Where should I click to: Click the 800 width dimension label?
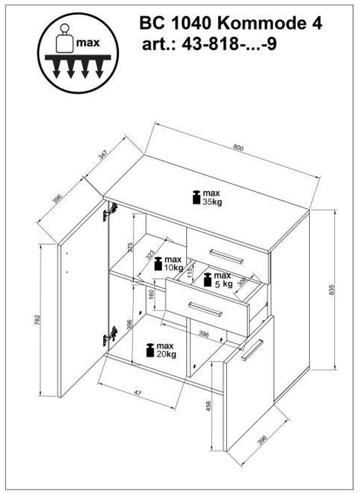238,147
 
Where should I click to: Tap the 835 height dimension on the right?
331,289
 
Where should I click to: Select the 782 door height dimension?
37,320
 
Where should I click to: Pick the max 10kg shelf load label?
168,263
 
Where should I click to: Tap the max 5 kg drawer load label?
218,279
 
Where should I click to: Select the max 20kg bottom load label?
161,350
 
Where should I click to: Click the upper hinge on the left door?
110,211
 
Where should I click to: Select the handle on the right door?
252,350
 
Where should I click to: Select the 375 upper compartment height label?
130,248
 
